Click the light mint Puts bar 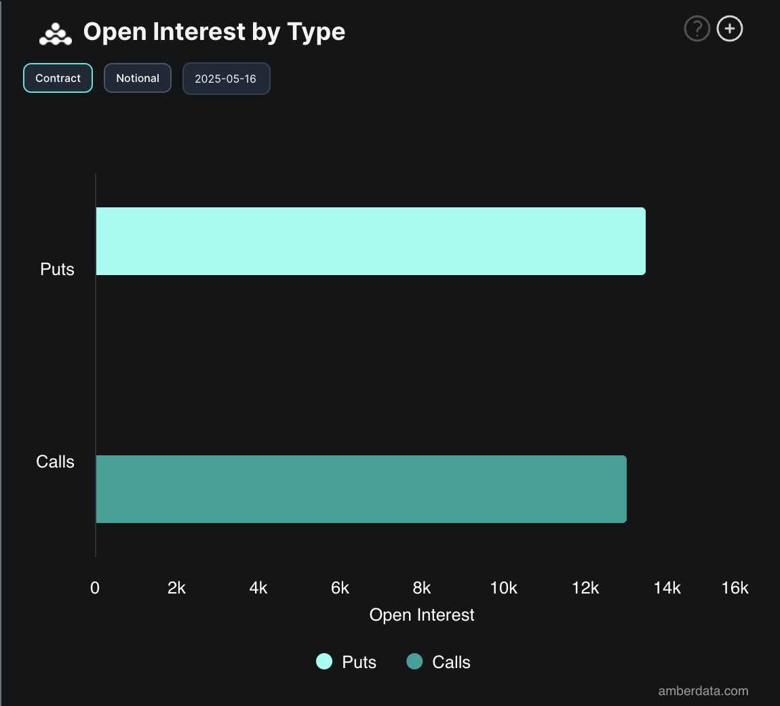point(370,241)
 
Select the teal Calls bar point(361,489)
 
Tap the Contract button point(58,78)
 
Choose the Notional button point(138,78)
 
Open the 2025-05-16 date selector point(226,79)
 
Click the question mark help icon point(697,29)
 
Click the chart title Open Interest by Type point(214,32)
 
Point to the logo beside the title point(56,33)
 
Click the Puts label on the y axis point(57,269)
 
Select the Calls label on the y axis point(55,461)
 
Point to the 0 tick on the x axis point(95,588)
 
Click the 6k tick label point(340,588)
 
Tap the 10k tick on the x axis point(504,588)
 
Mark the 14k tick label point(667,588)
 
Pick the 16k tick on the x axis point(735,588)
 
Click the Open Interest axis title point(422,615)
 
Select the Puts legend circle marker point(324,662)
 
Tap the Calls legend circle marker point(414,662)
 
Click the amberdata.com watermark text point(703,691)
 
